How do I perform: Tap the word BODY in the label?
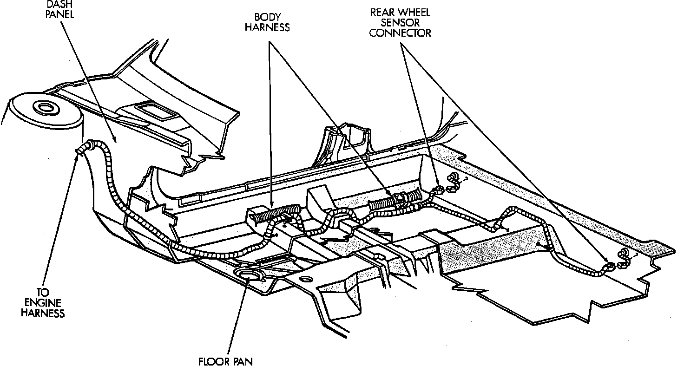pyautogui.click(x=268, y=17)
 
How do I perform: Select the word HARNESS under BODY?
pyautogui.click(x=268, y=27)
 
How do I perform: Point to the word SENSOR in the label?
pyautogui.click(x=401, y=23)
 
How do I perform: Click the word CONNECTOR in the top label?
pyautogui.click(x=401, y=33)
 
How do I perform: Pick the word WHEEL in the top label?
pyautogui.click(x=415, y=13)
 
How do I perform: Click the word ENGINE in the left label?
pyautogui.click(x=44, y=303)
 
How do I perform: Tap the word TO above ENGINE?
pyautogui.click(x=43, y=293)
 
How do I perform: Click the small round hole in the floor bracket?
pyautogui.click(x=307, y=279)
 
